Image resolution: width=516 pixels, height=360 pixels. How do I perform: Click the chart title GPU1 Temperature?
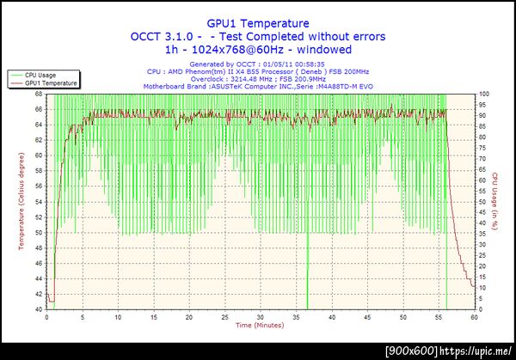(x=258, y=24)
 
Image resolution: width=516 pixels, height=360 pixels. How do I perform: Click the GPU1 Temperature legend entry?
(x=51, y=83)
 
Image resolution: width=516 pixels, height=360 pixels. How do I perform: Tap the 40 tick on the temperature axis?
(x=40, y=308)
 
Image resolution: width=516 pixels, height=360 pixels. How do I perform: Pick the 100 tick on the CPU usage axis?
(x=483, y=94)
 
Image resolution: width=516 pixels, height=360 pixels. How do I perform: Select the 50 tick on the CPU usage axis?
(x=483, y=201)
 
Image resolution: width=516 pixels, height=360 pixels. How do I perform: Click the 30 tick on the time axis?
(x=261, y=316)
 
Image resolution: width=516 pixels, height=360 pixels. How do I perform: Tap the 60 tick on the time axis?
(x=475, y=316)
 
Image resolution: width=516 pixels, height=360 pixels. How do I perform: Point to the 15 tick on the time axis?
(x=154, y=316)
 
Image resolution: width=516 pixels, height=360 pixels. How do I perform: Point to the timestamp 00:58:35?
(x=307, y=64)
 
